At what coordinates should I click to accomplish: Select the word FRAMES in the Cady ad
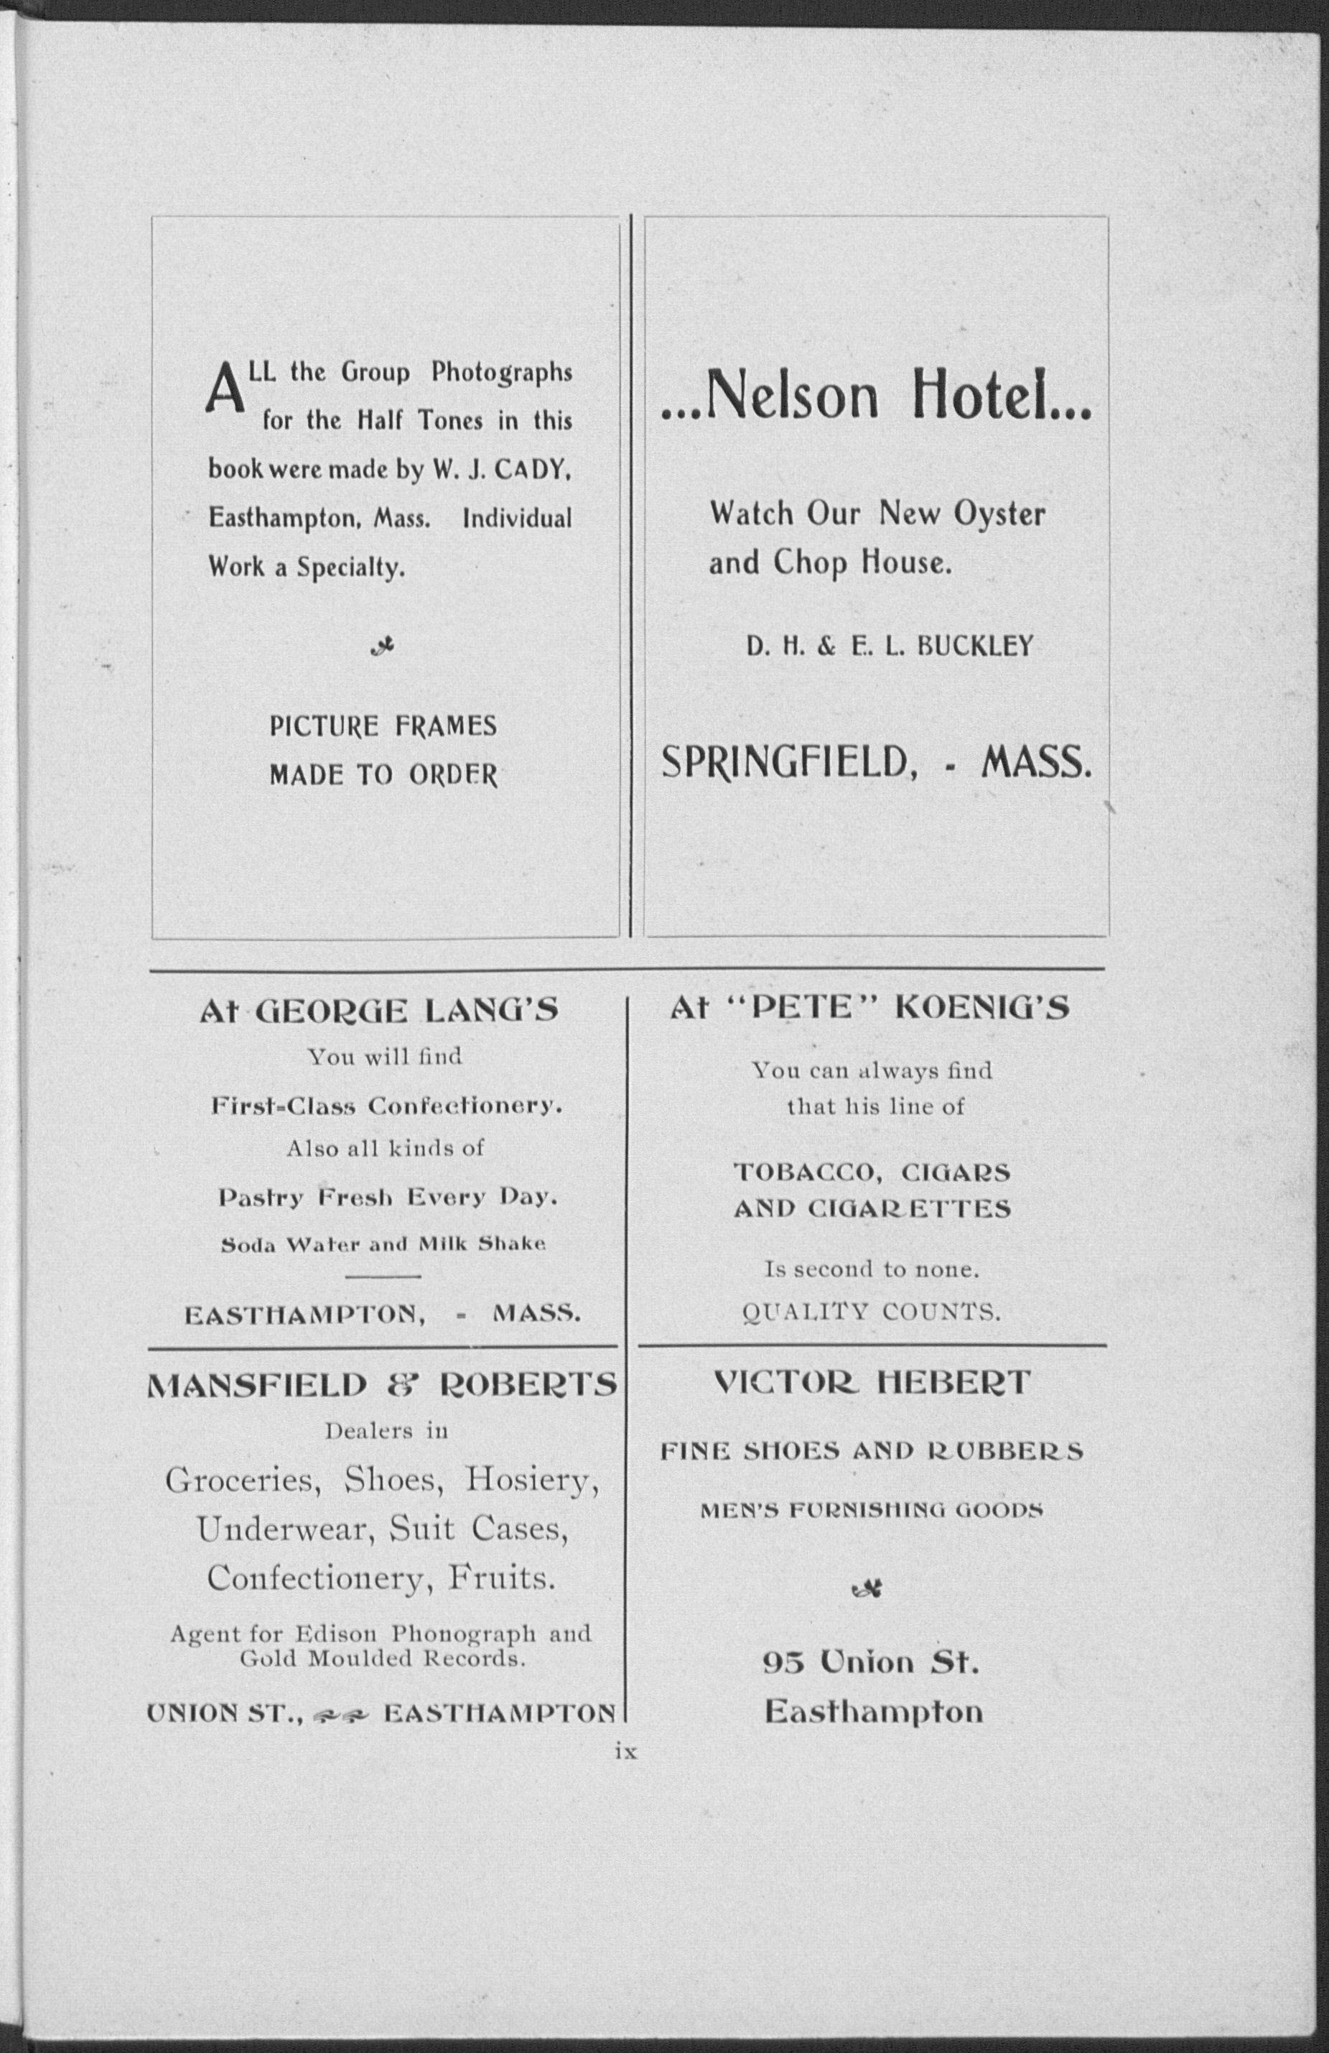(447, 726)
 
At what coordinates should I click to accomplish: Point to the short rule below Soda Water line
(383, 1276)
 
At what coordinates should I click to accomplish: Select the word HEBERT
(953, 1383)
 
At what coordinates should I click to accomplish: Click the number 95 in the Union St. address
(783, 1662)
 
